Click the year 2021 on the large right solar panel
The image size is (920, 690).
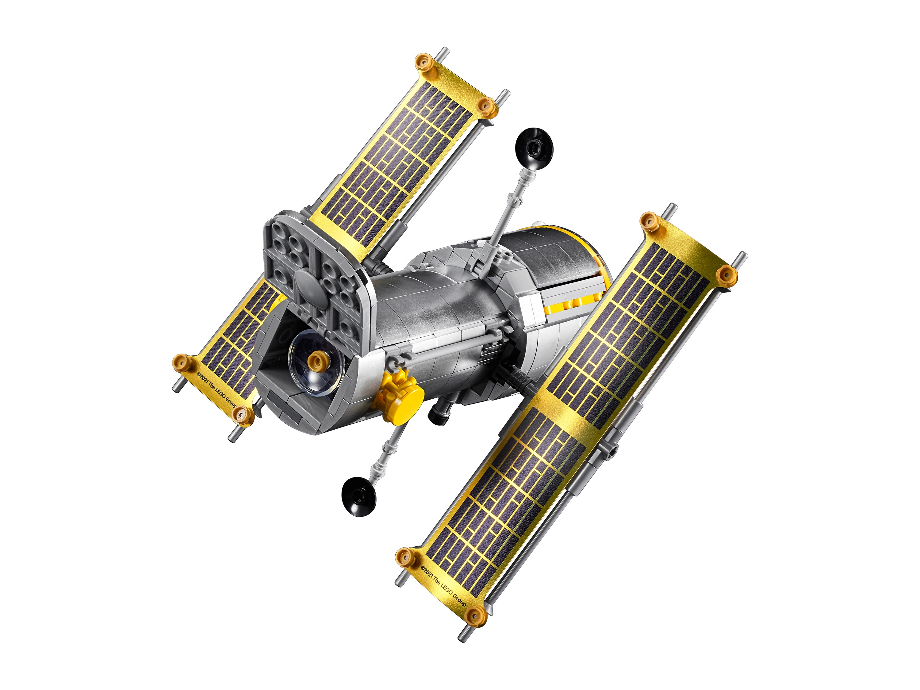coord(429,571)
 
